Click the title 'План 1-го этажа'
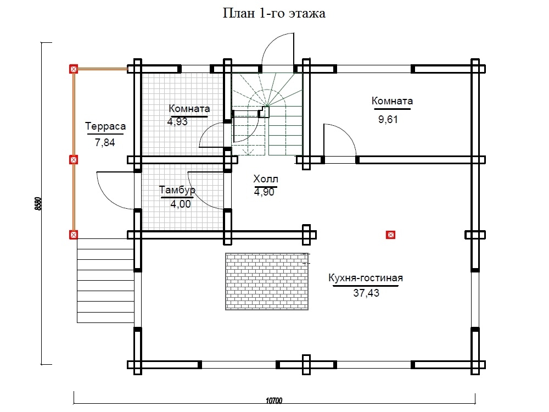tap(274, 13)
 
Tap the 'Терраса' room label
tap(105, 126)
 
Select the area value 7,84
tap(105, 143)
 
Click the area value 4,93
tap(177, 121)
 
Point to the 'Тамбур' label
tap(177, 190)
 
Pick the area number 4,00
tap(181, 204)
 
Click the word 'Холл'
tap(266, 179)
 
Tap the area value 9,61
tap(388, 119)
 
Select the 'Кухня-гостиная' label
tap(366, 278)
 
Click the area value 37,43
tap(366, 293)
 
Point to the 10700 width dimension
tap(274, 400)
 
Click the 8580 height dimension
tap(38, 204)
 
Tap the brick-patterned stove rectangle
tap(267, 282)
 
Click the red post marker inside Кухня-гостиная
tap(390, 235)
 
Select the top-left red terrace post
tap(74, 69)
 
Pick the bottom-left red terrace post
tap(74, 235)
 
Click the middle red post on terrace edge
tap(74, 160)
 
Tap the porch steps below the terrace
tap(105, 280)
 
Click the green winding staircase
tap(267, 114)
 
